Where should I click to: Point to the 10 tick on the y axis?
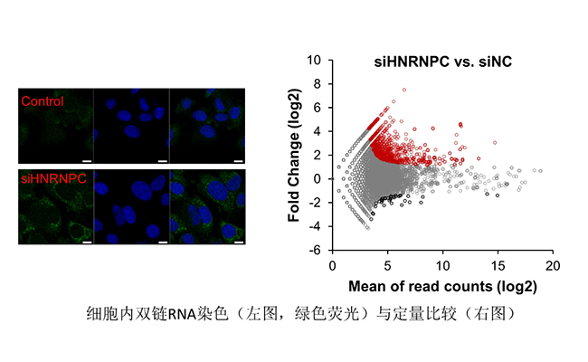point(316,61)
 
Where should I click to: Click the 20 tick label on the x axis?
point(554,265)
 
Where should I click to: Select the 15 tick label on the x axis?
point(498,265)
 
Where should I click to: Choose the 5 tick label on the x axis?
point(388,265)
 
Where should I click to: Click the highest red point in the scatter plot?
point(403,90)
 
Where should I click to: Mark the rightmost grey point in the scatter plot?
point(540,170)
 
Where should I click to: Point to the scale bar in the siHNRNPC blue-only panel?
point(163,241)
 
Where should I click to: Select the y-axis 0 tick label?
point(318,178)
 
